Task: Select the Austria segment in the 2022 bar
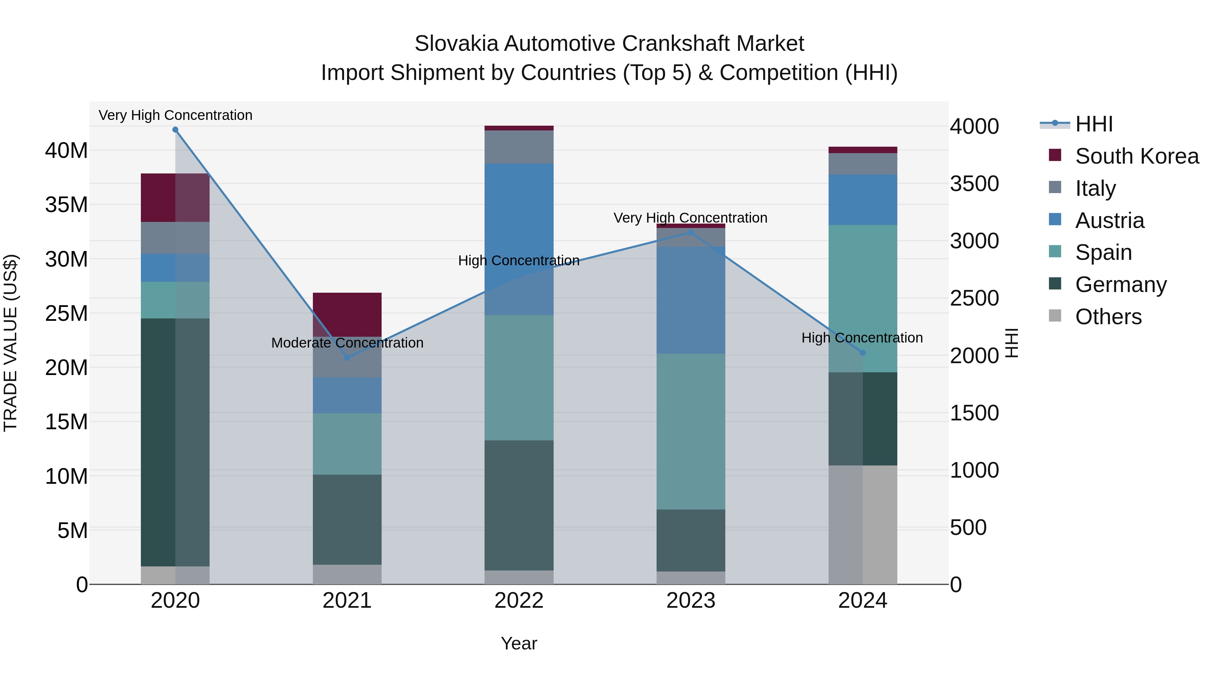point(519,239)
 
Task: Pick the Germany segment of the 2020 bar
point(175,442)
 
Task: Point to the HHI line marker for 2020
point(175,130)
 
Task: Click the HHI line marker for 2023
point(690,232)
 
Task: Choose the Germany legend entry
point(1120,285)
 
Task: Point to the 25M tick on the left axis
point(66,313)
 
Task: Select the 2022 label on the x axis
point(519,601)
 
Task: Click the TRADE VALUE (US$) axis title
point(11,343)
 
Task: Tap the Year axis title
point(519,643)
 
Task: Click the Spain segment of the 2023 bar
point(690,431)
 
